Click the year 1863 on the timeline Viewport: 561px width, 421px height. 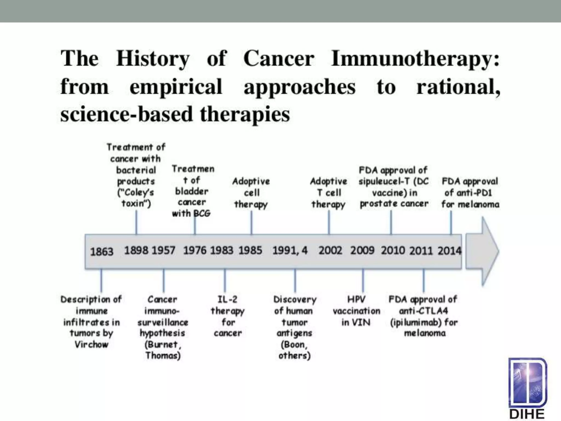[101, 251]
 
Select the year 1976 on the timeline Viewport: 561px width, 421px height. [194, 250]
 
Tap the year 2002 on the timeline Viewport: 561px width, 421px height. [330, 250]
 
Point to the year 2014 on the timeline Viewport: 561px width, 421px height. [449, 251]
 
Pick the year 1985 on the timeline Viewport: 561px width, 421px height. [250, 250]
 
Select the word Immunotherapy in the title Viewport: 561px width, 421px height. [415, 58]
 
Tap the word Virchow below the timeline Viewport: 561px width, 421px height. [91, 344]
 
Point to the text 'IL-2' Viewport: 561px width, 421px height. [227, 299]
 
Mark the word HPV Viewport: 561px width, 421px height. [356, 299]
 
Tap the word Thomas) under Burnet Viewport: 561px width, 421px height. [163, 355]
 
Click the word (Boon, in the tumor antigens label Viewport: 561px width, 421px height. [294, 344]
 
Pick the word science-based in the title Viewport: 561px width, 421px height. [126, 114]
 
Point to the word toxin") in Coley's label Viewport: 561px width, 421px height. [136, 204]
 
